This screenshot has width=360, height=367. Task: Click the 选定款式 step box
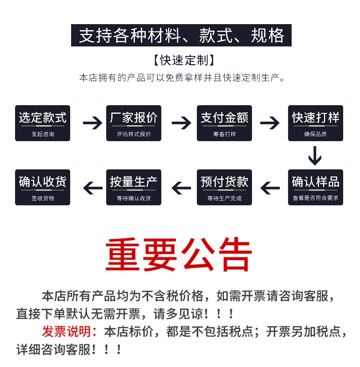tap(42, 123)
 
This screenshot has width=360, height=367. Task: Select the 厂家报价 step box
tap(134, 123)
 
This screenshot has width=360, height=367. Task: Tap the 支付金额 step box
tap(224, 123)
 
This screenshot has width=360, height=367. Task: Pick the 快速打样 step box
tap(315, 123)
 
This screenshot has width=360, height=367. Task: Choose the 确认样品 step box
tap(315, 187)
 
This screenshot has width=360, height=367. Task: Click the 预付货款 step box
tap(224, 187)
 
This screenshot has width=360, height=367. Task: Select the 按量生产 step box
tap(134, 187)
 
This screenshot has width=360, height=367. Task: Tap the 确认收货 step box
tap(42, 187)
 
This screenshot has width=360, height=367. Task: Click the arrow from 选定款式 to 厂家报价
tap(93, 122)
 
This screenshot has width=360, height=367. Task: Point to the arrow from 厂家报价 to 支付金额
tap(181, 122)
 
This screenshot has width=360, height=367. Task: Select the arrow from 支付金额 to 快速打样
tap(269, 122)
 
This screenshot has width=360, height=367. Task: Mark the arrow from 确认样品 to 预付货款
tap(269, 187)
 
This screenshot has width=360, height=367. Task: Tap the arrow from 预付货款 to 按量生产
tap(181, 187)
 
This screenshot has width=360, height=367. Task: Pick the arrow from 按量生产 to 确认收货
tap(93, 187)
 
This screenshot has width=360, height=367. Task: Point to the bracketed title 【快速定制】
tap(184, 60)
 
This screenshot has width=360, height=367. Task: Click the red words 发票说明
tap(70, 331)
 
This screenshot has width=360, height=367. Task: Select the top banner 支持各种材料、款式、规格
tap(181, 36)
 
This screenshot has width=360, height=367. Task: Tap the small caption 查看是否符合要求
tap(315, 198)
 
